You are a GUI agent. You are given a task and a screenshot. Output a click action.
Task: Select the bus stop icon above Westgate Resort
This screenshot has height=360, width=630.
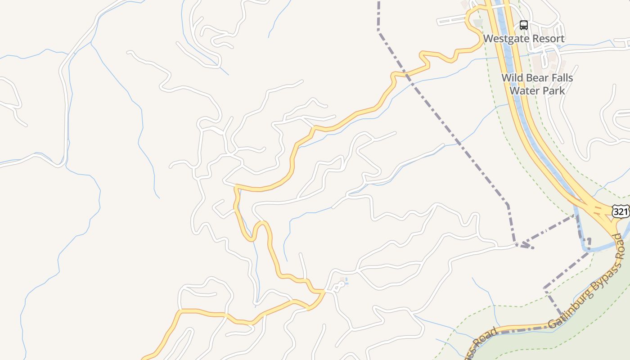[x=523, y=25]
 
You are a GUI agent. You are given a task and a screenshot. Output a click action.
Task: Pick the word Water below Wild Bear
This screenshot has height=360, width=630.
[x=523, y=90]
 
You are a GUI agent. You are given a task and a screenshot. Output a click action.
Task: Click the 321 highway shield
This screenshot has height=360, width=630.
[x=621, y=211]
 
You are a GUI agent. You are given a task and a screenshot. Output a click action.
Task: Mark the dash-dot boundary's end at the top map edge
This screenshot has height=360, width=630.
[x=379, y=2]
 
